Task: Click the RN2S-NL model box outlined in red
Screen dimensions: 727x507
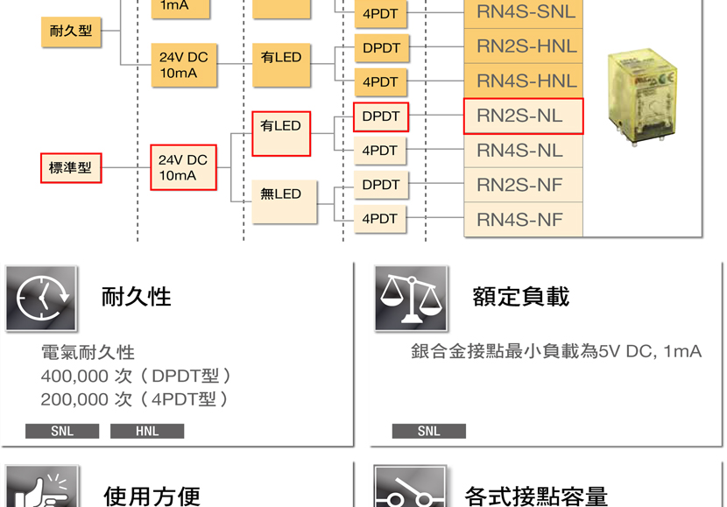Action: coord(524,116)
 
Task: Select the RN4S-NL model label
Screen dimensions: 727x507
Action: coord(519,151)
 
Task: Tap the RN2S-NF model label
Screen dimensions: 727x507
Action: coord(519,185)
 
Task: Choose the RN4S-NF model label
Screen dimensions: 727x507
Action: coord(519,220)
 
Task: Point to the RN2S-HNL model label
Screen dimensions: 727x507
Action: coord(526,46)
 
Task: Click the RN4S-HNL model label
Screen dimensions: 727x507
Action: coord(526,81)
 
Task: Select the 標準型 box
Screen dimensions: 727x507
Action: coord(71,168)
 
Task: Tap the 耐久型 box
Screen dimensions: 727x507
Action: coord(71,32)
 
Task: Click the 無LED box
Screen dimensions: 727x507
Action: coord(284,201)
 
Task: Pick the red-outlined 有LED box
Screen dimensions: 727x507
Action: coord(281,133)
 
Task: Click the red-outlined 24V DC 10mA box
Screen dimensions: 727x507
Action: coord(184,167)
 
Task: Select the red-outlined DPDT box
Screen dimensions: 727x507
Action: coord(381,116)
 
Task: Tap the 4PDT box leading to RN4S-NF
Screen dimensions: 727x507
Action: coord(380,219)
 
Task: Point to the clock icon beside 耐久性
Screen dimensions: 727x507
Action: coord(41,298)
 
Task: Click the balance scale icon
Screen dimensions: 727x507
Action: coord(411,298)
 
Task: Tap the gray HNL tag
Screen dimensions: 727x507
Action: coord(147,431)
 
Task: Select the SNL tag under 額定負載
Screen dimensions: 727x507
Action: coord(429,431)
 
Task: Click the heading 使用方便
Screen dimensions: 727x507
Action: coord(152,496)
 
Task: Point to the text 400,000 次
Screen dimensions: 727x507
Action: coord(87,376)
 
